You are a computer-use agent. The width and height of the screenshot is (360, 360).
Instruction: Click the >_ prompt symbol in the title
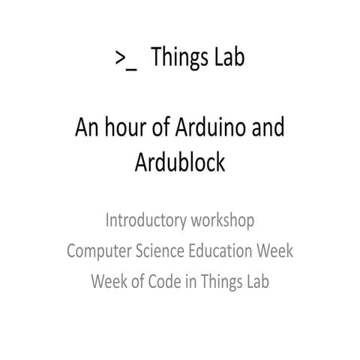126,59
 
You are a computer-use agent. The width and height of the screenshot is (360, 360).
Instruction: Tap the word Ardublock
180,162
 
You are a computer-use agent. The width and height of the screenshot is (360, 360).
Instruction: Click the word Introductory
147,221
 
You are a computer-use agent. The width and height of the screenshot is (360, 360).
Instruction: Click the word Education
221,250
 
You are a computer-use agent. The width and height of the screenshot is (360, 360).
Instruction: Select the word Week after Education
274,250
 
